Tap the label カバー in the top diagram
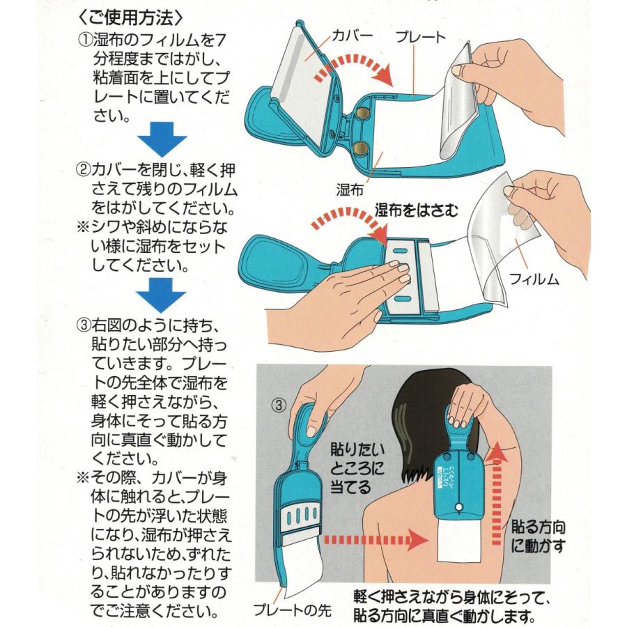353,36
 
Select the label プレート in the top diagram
421,37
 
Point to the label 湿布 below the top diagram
350,189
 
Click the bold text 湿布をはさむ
416,210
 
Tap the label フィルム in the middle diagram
534,279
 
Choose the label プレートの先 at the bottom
293,610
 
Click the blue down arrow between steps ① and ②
162,139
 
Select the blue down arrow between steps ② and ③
161,295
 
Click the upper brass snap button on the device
363,113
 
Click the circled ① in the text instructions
85,40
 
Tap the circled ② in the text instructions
84,170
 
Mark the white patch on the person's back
458,540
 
